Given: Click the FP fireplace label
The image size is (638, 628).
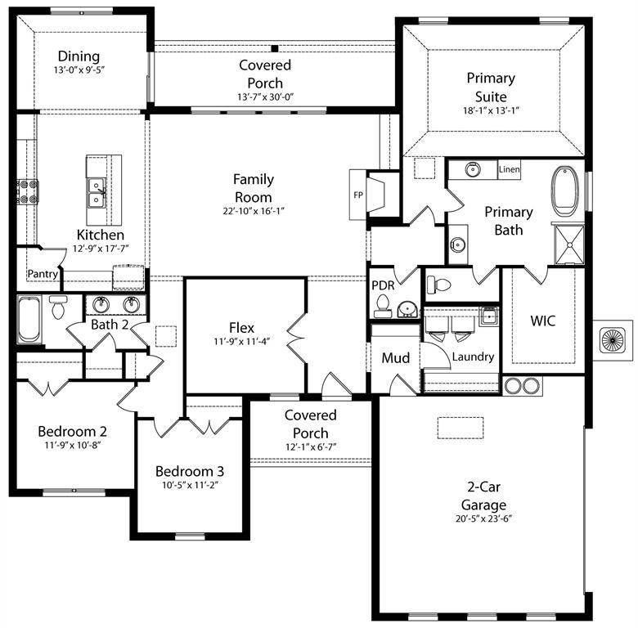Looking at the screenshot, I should pos(357,195).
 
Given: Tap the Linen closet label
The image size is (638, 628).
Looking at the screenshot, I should pos(509,170).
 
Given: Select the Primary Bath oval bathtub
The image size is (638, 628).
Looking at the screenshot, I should pos(565,190).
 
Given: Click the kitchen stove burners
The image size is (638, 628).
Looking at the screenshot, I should pos(28,191).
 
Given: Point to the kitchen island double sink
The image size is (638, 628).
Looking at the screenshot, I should pos(97,193).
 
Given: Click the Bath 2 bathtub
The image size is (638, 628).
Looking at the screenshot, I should pos(29,320).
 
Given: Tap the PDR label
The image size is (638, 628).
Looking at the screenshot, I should pos(383,286).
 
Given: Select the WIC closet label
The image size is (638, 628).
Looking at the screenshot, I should pos(542,321).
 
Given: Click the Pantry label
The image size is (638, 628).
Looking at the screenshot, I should pos(43,274).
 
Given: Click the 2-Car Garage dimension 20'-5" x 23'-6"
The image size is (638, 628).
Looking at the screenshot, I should pos(483,518).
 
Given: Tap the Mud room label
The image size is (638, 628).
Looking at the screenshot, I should pos(396,358).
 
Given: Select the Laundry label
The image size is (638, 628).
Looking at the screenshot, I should pos(473,357).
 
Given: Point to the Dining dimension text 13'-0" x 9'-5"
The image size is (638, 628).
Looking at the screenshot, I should pos(79,70).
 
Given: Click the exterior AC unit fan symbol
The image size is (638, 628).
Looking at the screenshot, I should pos(611,339).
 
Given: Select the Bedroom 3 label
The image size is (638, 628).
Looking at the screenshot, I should pos(190,472).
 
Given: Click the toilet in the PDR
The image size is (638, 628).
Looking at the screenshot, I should pos(382,306).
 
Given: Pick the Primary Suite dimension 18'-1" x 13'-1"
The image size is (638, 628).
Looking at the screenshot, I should pos(491,111).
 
